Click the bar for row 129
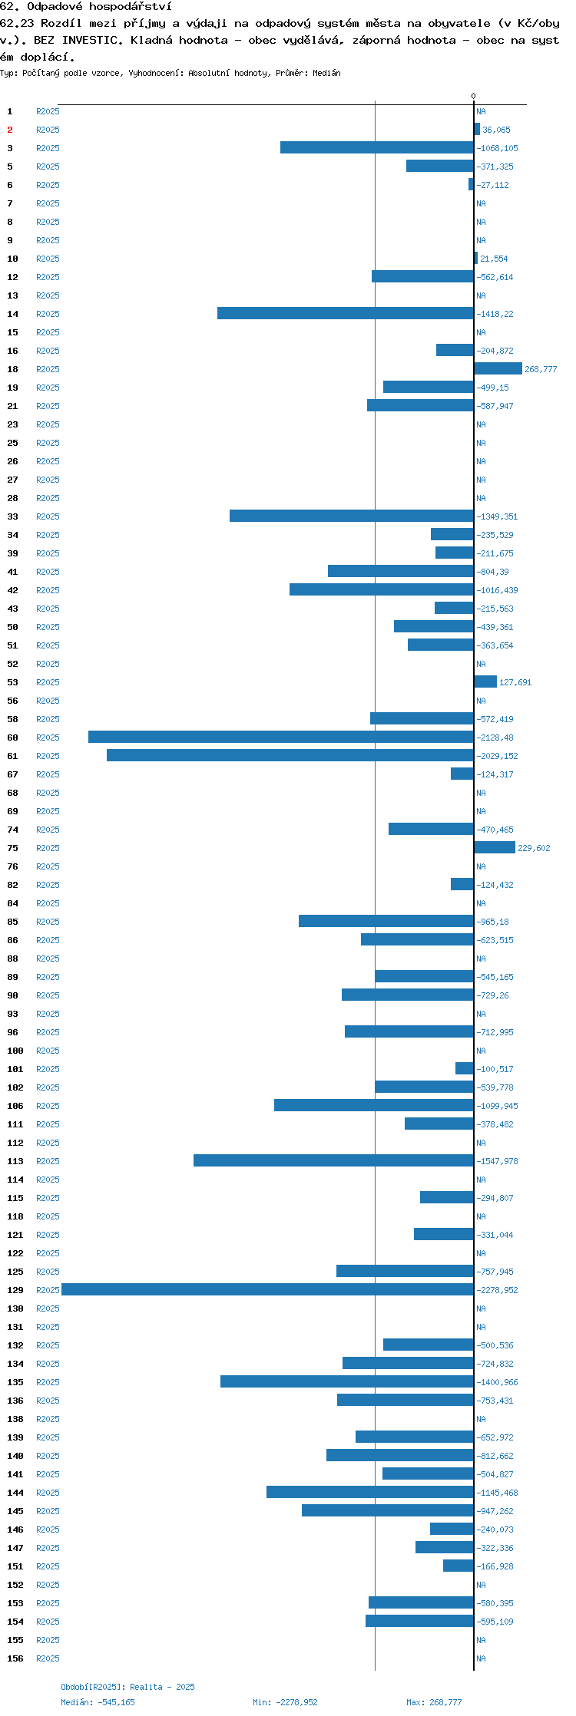(x=267, y=1289)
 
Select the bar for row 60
(x=281, y=737)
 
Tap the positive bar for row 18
(x=498, y=368)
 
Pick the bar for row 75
(x=495, y=847)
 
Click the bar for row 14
(x=346, y=313)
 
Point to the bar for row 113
(x=333, y=1160)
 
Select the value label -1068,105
(x=497, y=148)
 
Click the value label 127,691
(x=515, y=682)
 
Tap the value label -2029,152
(x=497, y=756)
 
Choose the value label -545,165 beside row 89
(x=495, y=977)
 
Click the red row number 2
(x=10, y=130)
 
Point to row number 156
(x=15, y=1658)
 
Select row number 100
(x=15, y=1051)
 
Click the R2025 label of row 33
(x=48, y=516)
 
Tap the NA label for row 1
(x=481, y=111)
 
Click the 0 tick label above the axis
(x=473, y=96)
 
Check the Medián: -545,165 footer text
(x=98, y=1702)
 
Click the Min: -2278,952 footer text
(x=285, y=1702)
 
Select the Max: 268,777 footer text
(x=434, y=1702)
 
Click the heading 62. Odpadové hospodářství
(x=86, y=7)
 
